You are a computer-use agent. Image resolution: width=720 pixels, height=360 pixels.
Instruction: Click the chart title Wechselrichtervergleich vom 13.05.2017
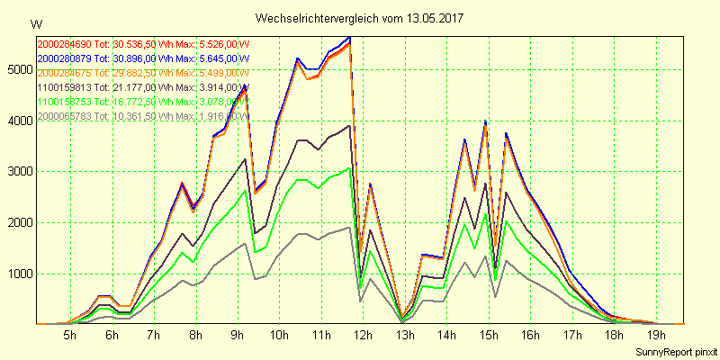click(359, 18)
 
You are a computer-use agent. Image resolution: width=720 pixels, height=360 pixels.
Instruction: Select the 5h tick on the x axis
click(69, 336)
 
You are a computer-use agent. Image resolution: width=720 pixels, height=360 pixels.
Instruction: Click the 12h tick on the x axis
click(364, 336)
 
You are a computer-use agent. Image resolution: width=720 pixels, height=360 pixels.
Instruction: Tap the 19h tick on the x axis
click(656, 336)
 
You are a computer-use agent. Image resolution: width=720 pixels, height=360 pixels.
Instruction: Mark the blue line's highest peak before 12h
click(349, 38)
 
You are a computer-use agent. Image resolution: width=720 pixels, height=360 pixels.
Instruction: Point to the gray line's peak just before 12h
click(349, 227)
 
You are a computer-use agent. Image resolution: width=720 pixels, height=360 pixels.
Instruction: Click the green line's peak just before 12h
click(349, 167)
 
